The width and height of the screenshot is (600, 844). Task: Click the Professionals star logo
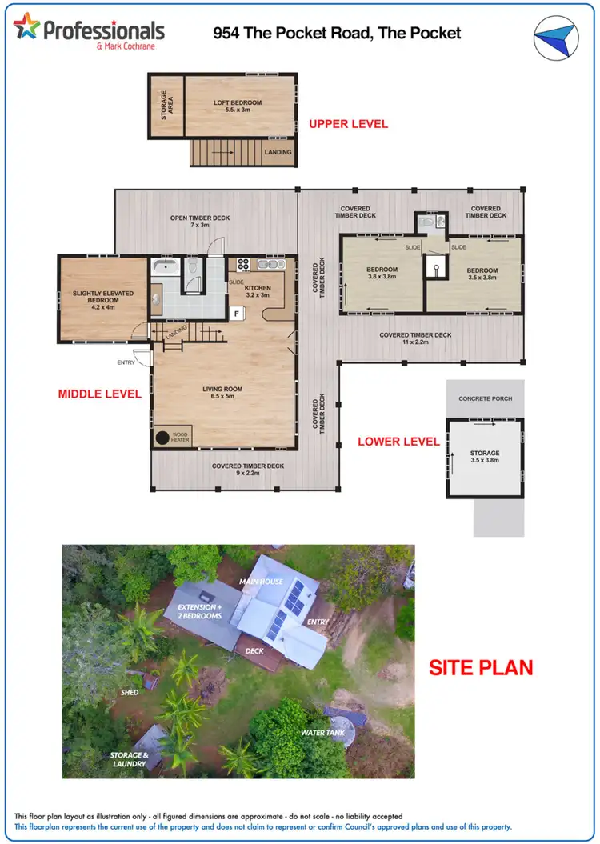pyautogui.click(x=26, y=26)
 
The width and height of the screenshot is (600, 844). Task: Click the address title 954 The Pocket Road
pyautogui.click(x=337, y=33)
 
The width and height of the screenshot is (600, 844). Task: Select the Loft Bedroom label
pyautogui.click(x=237, y=107)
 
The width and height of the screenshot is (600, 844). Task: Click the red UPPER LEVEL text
pyautogui.click(x=348, y=124)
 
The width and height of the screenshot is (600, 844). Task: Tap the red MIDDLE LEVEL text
pyautogui.click(x=99, y=394)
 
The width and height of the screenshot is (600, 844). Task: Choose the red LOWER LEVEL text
pyautogui.click(x=398, y=442)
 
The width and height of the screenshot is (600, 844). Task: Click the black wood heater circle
pyautogui.click(x=163, y=438)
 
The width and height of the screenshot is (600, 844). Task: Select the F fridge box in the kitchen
pyautogui.click(x=237, y=313)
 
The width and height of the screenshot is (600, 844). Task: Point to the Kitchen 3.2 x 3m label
pyautogui.click(x=258, y=292)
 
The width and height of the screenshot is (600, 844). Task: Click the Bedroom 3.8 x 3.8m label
pyautogui.click(x=382, y=274)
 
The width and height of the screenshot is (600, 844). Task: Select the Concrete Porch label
pyautogui.click(x=485, y=398)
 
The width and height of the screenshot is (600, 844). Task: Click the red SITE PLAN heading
pyautogui.click(x=481, y=668)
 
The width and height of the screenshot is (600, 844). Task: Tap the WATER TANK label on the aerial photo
pyautogui.click(x=322, y=733)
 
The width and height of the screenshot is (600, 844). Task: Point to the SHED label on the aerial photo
pyautogui.click(x=130, y=693)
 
